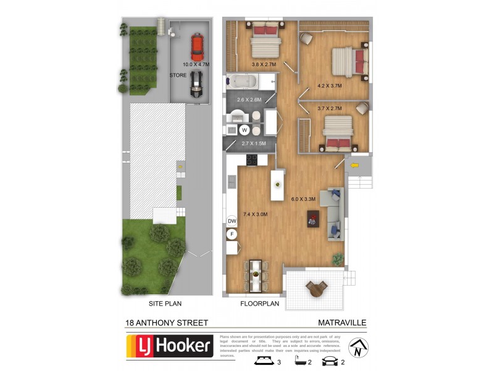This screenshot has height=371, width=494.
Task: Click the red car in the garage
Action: [197, 46]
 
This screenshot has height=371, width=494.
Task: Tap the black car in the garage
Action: [196, 83]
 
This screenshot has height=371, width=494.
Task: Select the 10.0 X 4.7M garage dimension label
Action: [196, 64]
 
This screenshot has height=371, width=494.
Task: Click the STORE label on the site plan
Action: [178, 75]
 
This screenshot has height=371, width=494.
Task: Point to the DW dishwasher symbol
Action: [232, 221]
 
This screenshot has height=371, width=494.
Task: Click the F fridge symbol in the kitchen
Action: [232, 234]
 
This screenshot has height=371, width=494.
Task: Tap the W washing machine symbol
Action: [244, 130]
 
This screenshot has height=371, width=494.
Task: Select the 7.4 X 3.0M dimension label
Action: [256, 214]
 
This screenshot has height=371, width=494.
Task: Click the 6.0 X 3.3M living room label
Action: [303, 199]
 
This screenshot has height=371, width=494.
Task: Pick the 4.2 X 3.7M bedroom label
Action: [329, 86]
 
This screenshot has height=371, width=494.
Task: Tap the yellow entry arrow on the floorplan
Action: [354, 166]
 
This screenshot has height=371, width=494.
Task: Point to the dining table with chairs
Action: [255, 275]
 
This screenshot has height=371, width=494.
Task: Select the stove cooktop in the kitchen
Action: [252, 160]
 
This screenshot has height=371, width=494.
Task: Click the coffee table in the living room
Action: [312, 218]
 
